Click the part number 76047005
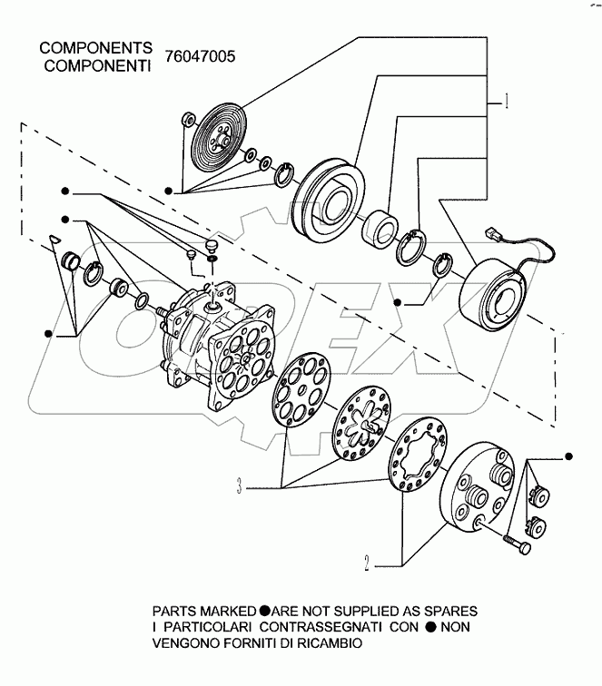tap(200, 55)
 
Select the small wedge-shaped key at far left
tap(55, 239)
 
